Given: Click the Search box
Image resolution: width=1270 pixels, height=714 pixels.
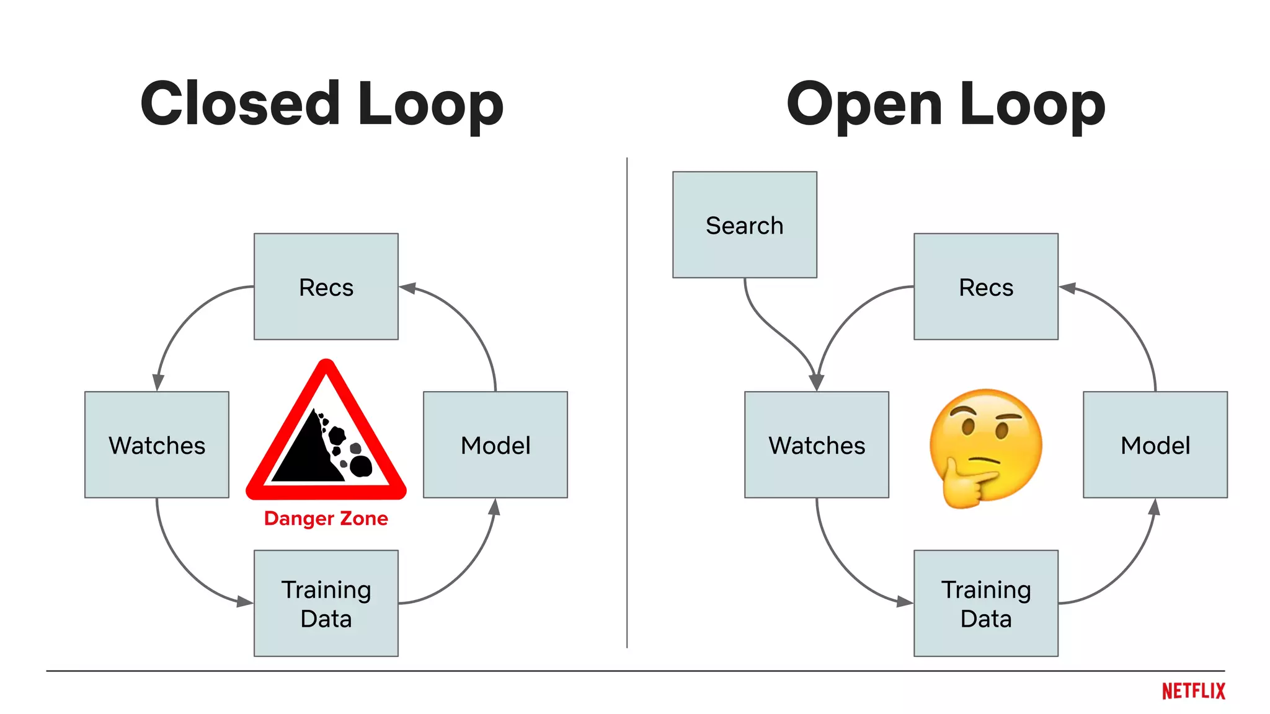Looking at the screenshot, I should [x=744, y=225].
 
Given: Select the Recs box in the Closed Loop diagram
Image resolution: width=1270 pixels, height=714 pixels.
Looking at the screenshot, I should [x=326, y=287].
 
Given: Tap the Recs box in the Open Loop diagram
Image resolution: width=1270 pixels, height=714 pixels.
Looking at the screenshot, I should [x=985, y=287].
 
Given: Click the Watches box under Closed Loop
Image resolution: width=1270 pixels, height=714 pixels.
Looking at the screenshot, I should [x=157, y=445].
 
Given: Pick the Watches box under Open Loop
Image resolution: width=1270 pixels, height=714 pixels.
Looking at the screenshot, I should [x=816, y=445].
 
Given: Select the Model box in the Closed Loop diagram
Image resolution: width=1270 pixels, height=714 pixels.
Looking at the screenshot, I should [x=495, y=445].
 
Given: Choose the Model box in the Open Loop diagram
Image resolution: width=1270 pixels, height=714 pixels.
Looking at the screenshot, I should [x=1155, y=445].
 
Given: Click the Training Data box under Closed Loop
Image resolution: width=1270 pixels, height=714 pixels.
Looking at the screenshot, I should [x=326, y=603].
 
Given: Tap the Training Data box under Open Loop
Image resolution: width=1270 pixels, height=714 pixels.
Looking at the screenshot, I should [x=985, y=603].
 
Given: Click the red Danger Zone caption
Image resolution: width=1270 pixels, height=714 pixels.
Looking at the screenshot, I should [x=326, y=518].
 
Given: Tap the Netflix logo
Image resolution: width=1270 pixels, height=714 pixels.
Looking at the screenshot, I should [x=1193, y=690].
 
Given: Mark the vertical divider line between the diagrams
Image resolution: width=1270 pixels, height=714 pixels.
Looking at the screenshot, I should [x=627, y=403].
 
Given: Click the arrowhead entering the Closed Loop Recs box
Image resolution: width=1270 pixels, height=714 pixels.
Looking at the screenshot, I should [x=407, y=288].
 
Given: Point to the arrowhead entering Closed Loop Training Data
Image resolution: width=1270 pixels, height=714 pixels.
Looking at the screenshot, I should [x=245, y=601].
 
